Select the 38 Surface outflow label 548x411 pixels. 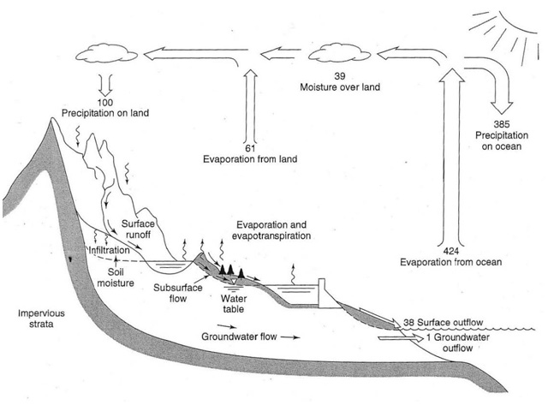[x=444, y=323]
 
